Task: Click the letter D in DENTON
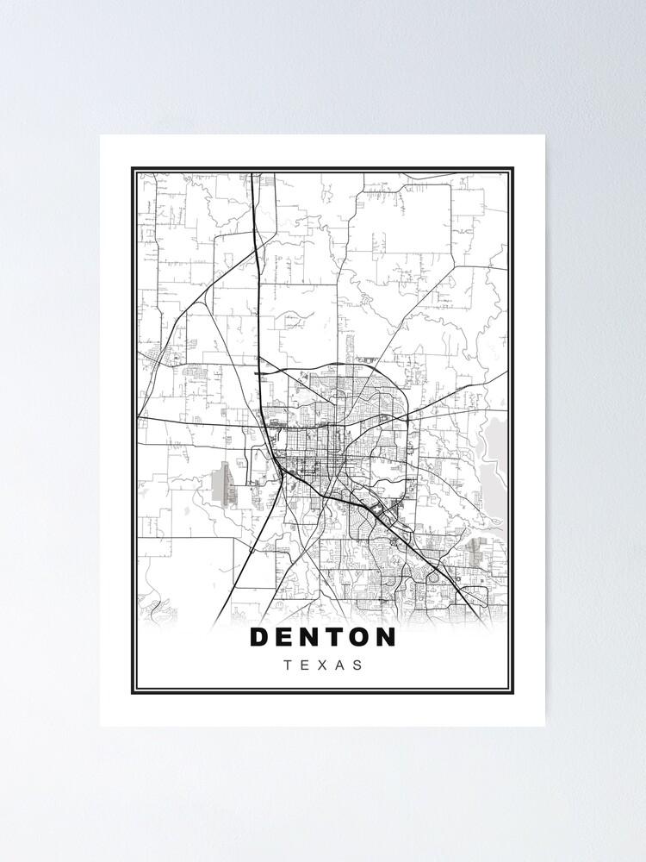(x=260, y=637)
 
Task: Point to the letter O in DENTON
(x=361, y=637)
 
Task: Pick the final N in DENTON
(x=386, y=637)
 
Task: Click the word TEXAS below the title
(x=322, y=665)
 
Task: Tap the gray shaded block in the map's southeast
(x=476, y=545)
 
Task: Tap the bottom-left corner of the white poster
(x=101, y=726)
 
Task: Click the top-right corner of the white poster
(x=545, y=135)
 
